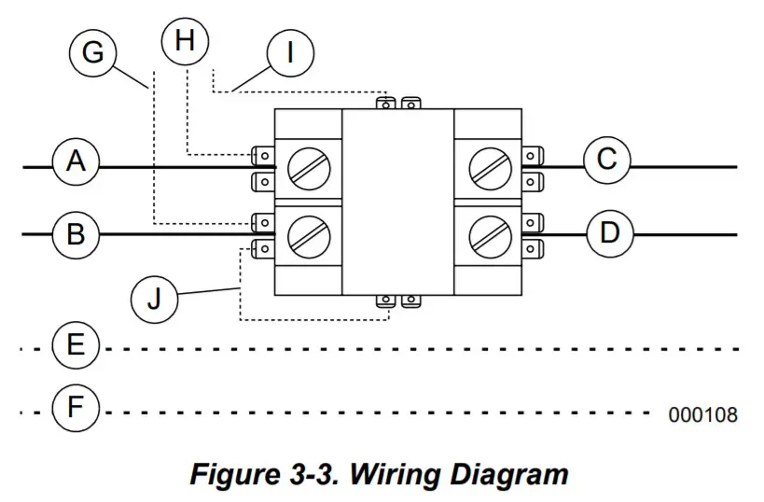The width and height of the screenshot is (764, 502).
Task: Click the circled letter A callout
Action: pyautogui.click(x=76, y=162)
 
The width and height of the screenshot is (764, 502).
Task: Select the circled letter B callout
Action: pyautogui.click(x=76, y=232)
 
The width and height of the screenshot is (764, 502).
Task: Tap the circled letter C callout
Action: pyautogui.click(x=607, y=160)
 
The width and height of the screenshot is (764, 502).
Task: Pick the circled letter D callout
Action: pyautogui.click(x=609, y=231)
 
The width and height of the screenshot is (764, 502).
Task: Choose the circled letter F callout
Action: pyautogui.click(x=76, y=408)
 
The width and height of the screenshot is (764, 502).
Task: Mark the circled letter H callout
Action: pyautogui.click(x=185, y=41)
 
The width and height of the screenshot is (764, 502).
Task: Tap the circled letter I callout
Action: pyautogui.click(x=289, y=53)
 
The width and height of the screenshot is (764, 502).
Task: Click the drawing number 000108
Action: pyautogui.click(x=702, y=414)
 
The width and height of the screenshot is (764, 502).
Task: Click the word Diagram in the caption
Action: pyautogui.click(x=511, y=475)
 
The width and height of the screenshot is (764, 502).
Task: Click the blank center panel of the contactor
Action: pyautogui.click(x=398, y=201)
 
